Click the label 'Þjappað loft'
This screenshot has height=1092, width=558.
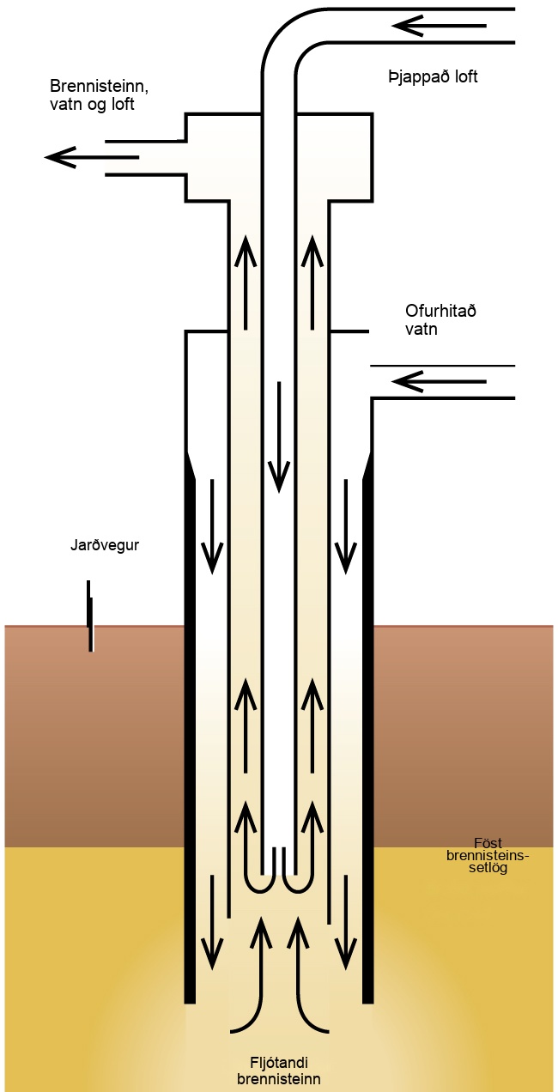tap(433, 77)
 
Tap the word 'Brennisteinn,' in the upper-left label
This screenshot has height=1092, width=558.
tap(99, 87)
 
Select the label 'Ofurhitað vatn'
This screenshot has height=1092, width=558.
tap(440, 320)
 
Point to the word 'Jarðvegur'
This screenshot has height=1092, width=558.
tap(105, 544)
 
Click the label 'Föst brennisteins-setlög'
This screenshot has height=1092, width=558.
tap(488, 855)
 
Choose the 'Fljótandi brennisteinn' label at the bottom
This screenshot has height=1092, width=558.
tap(279, 1070)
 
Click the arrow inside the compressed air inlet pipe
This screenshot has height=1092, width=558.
tap(439, 26)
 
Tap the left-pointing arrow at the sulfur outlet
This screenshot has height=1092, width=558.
tap(92, 157)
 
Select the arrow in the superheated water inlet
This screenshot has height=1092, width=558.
tap(439, 381)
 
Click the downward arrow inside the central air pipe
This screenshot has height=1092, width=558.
tap(279, 437)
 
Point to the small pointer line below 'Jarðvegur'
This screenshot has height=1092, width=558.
tap(90, 616)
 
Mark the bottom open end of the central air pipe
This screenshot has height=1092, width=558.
tap(279, 875)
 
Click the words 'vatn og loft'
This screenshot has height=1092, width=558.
tap(92, 105)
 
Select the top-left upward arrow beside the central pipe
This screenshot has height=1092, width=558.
tap(246, 282)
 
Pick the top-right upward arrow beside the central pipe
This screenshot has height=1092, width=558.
tap(312, 282)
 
